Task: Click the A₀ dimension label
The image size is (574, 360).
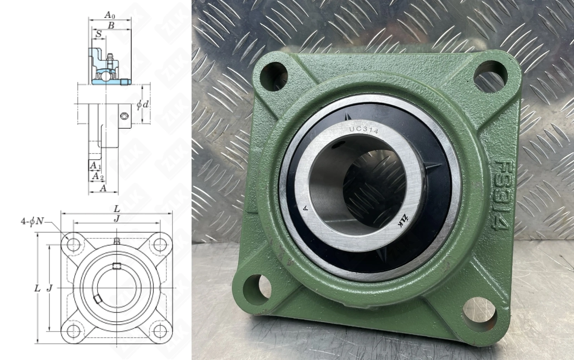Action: pos(109,15)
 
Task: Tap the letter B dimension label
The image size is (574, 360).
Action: pos(111,25)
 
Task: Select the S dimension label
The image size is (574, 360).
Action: pos(99,34)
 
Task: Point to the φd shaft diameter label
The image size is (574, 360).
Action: pos(142,104)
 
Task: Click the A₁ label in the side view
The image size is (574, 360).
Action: pos(95,165)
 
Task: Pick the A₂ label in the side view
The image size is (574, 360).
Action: pos(98,176)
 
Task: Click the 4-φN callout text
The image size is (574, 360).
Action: pos(32,221)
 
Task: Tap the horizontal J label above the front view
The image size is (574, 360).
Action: pos(117,219)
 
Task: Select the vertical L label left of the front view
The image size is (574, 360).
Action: pos(37,289)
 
